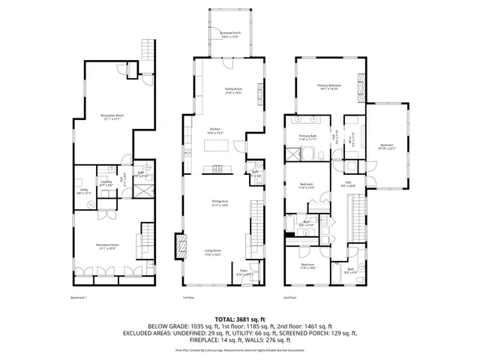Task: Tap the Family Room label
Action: pyautogui.click(x=235, y=91)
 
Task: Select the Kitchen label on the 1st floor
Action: pyautogui.click(x=215, y=130)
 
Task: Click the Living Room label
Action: pyautogui.click(x=213, y=252)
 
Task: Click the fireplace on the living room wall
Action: pyautogui.click(x=179, y=244)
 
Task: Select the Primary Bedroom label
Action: pyautogui.click(x=329, y=88)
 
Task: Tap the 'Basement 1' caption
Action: pyautogui.click(x=78, y=298)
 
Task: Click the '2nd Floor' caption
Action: pyautogui.click(x=289, y=298)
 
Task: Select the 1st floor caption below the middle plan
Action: pyautogui.click(x=188, y=298)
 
